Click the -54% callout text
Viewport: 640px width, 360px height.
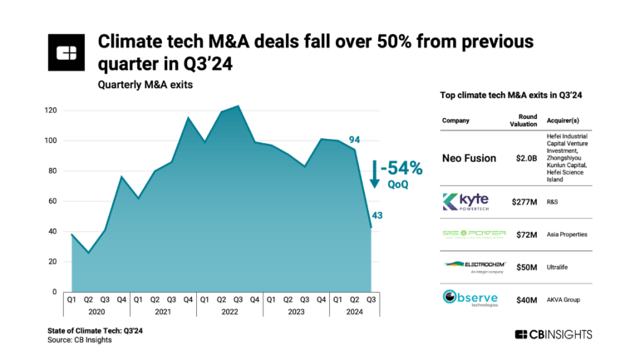coord(401,168)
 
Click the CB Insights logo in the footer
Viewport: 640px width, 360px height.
coord(553,334)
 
